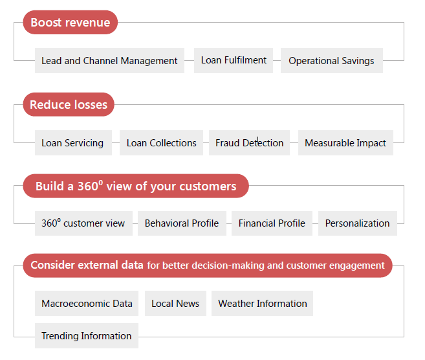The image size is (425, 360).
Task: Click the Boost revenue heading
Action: coord(71,22)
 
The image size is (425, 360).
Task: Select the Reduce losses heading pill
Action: coord(69,104)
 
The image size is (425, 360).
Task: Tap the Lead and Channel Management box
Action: coord(109,60)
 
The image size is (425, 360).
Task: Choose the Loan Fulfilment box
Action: coord(234,60)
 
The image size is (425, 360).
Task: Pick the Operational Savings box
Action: coord(332,60)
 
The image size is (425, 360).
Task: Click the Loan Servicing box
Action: coord(73,142)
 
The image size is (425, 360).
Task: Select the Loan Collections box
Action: coord(161,142)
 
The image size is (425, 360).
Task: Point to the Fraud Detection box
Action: coord(249,142)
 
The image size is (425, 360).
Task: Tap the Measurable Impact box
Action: coord(345,142)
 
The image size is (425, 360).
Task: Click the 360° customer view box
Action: coord(83,223)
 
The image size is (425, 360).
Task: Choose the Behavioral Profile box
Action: coord(182,223)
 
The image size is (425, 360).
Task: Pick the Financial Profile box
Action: coord(272,223)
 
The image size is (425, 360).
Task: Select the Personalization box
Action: coord(358,223)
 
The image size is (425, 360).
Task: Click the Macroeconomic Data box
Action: coord(87,303)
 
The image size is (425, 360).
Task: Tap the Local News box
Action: coord(176,303)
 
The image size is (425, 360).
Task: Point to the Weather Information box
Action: coord(263,303)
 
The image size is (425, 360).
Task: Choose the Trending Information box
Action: coord(87,335)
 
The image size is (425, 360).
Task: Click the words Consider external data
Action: coord(87,265)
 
